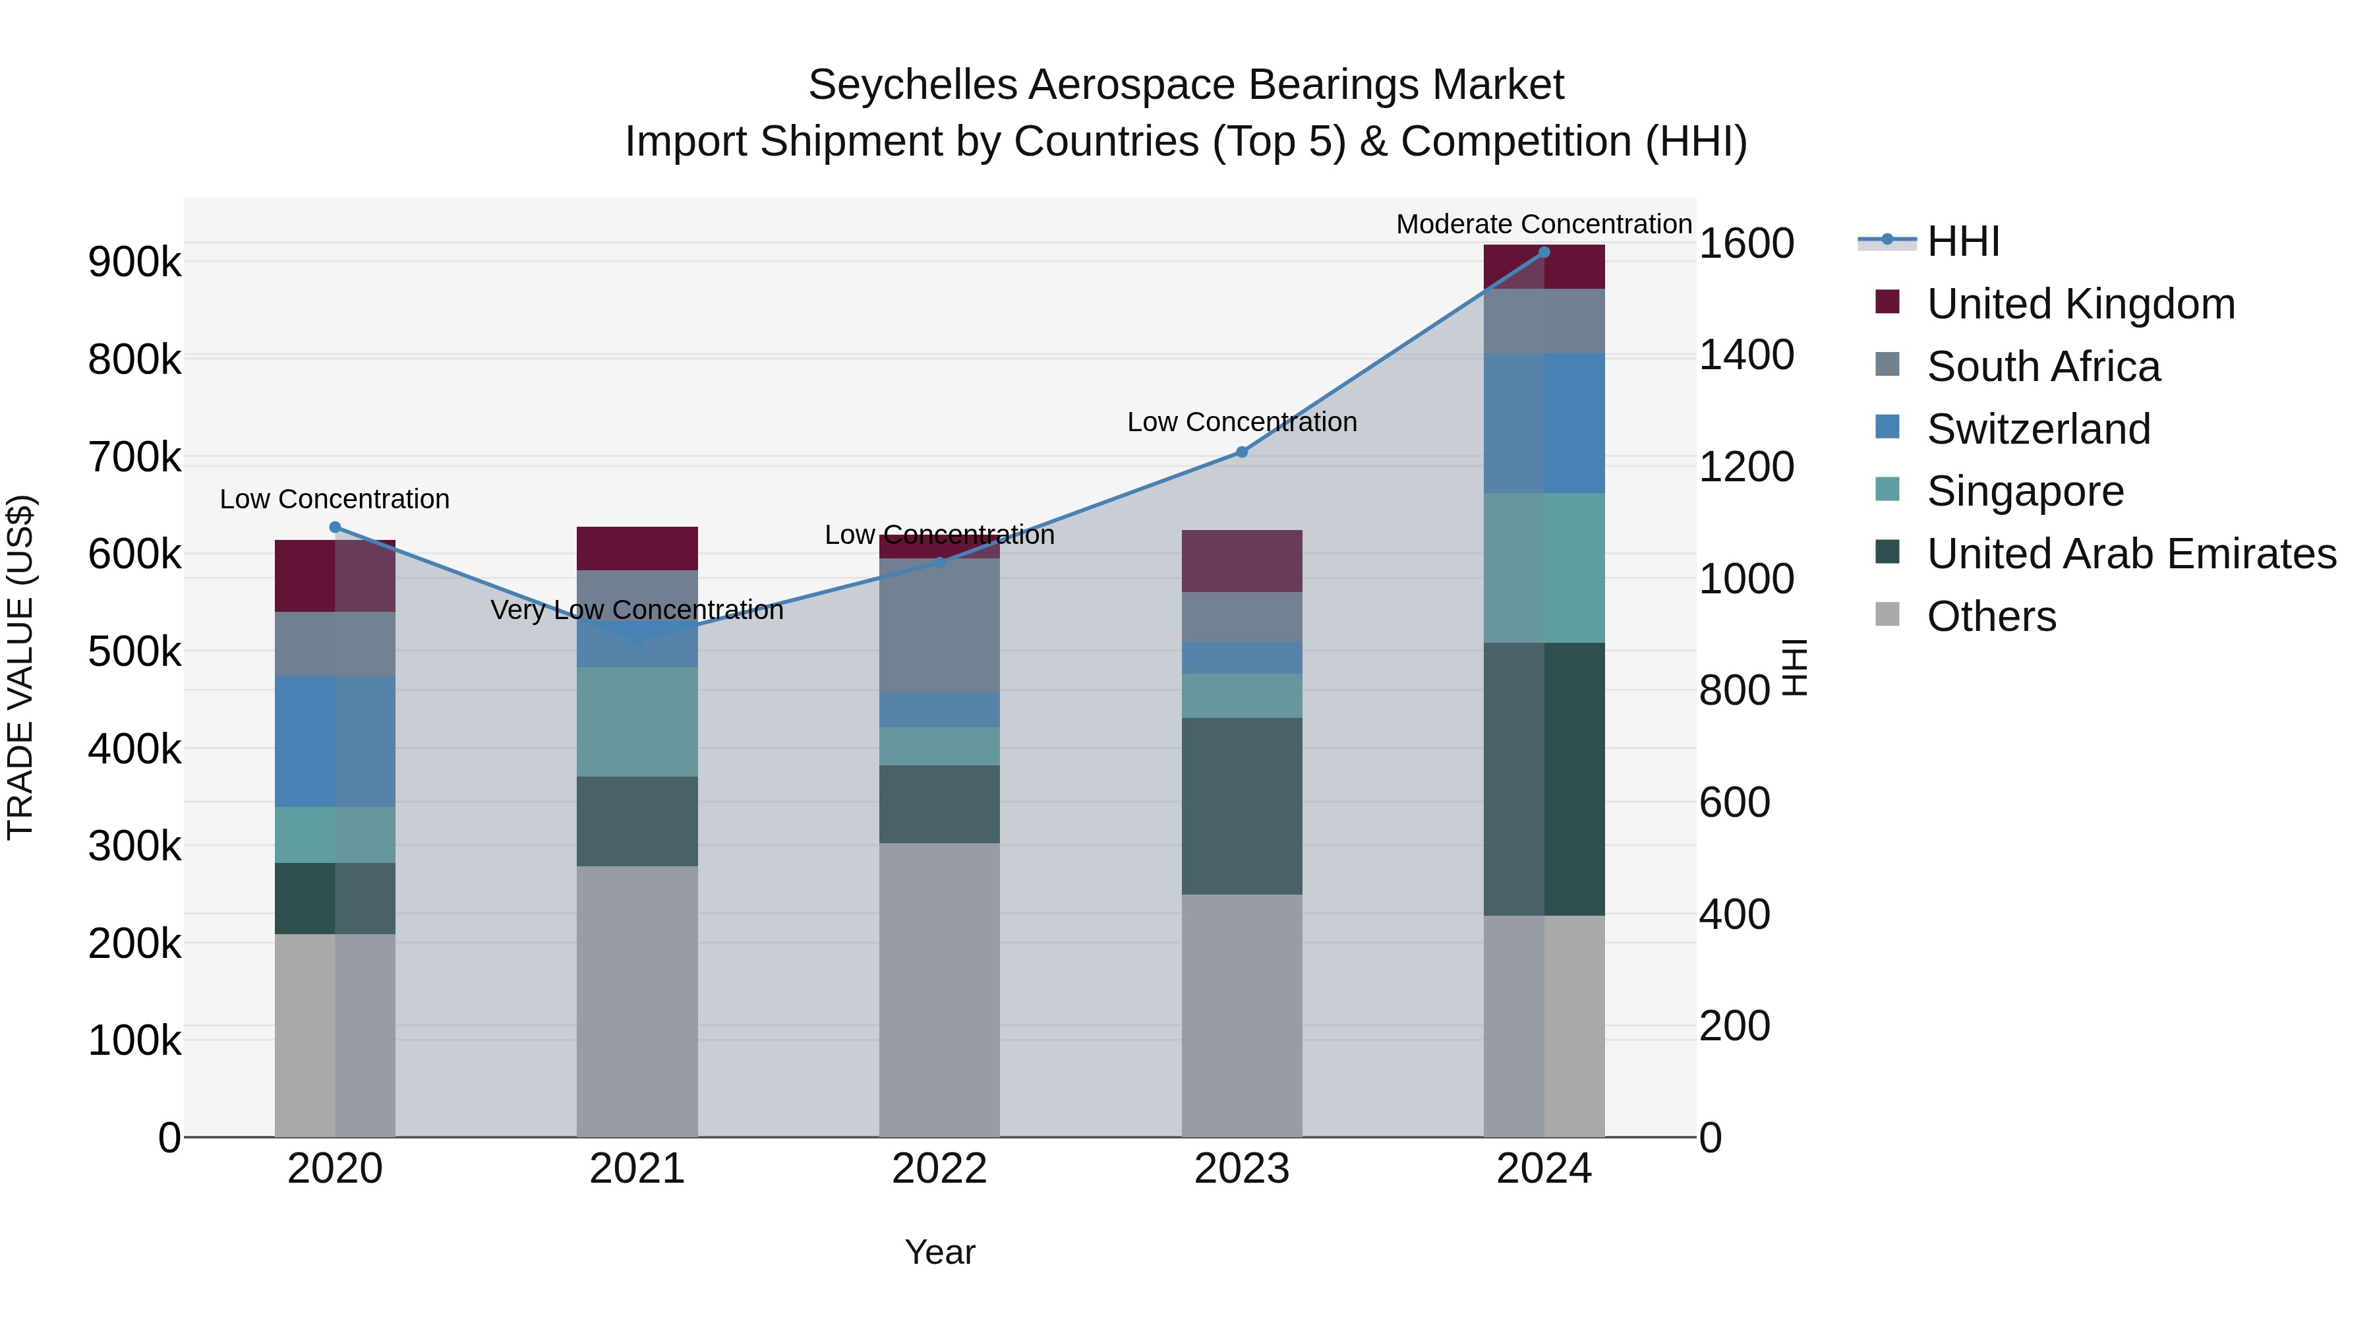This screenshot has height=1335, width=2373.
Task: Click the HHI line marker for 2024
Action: [x=1544, y=252]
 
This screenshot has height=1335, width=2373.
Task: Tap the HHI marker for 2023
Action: [x=1242, y=452]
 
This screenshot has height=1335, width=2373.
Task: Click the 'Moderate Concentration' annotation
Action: [x=1544, y=224]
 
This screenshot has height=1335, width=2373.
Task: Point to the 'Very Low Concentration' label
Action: [x=637, y=610]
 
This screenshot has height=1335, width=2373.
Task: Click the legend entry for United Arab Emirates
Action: [x=2130, y=554]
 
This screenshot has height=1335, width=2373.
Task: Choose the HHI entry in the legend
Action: [x=1962, y=241]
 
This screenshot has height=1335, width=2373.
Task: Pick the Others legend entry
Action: [x=1991, y=616]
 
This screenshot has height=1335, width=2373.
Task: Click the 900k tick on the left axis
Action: [x=134, y=262]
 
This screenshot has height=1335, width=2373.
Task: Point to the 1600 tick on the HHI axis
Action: [x=1745, y=244]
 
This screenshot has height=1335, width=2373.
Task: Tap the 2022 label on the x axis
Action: [x=939, y=1169]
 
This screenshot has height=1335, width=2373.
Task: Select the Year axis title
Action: [x=939, y=1252]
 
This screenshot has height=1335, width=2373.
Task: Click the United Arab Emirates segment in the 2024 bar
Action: [x=1544, y=779]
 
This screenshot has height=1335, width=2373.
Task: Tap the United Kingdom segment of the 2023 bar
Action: [x=1242, y=560]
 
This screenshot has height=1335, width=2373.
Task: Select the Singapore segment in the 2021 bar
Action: [x=637, y=721]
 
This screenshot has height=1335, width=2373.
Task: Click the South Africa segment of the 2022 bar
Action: [x=939, y=625]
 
